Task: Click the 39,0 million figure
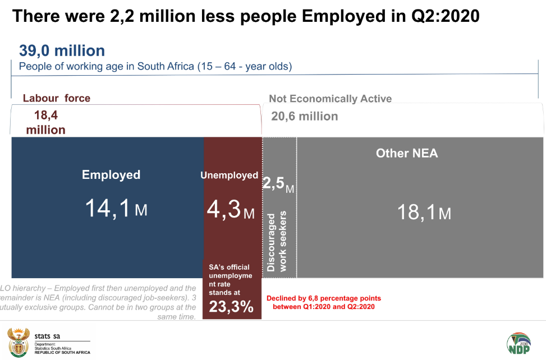point(62,51)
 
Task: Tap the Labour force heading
point(56,98)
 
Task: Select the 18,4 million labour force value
point(46,122)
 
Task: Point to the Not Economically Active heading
point(330,99)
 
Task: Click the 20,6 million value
point(305,117)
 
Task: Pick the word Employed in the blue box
point(111,175)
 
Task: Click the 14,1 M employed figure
point(116,209)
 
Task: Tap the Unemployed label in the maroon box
point(229,176)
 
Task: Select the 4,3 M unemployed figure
point(230,210)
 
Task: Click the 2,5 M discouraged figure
point(278,185)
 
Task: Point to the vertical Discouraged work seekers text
point(278,241)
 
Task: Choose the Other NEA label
point(407,153)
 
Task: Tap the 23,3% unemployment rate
point(231,307)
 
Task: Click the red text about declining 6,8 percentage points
point(324,302)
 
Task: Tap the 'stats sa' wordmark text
point(47,336)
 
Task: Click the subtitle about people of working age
point(155,66)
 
